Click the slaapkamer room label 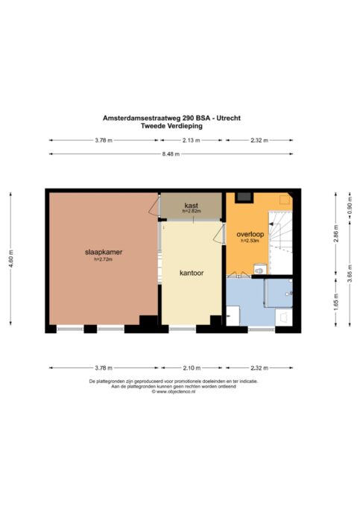(x=104, y=252)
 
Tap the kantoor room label (x=192, y=273)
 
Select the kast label (x=192, y=205)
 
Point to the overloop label (x=250, y=234)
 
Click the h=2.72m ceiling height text (x=103, y=259)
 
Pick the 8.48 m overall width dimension (x=171, y=154)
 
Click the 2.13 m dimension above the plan (x=192, y=140)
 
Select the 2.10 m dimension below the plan (x=192, y=368)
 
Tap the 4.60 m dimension (x=10, y=259)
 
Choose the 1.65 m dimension (x=336, y=301)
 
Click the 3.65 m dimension (x=350, y=274)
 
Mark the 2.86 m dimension (x=336, y=233)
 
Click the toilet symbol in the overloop (x=259, y=270)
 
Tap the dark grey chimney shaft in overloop (x=244, y=197)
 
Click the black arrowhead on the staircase (x=271, y=224)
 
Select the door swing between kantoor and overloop (x=219, y=234)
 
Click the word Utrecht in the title (x=229, y=118)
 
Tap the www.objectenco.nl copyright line (x=174, y=391)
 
